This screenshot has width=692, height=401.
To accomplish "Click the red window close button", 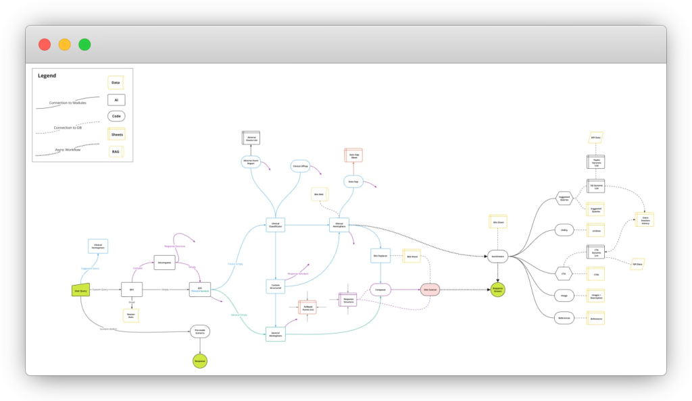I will pos(45,45).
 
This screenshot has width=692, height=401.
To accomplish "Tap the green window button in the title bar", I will pos(84,45).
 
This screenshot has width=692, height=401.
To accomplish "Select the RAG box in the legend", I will pos(116,151).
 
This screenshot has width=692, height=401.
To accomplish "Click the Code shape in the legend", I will pos(116,116).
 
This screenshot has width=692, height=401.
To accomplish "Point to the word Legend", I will pos(47,76).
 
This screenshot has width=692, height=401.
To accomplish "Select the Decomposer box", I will pos(164,262).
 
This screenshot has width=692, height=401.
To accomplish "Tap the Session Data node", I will pos(131,315).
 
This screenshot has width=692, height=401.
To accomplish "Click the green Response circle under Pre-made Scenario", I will pos(199,361).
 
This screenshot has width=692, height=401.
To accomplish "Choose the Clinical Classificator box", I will pos(275,225).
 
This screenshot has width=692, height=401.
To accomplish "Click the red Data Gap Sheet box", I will pos(353,155).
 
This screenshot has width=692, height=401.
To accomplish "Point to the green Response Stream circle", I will pos(497,289).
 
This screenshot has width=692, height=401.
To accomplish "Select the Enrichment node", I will pos(497,256).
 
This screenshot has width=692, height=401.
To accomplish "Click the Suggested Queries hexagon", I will pos(565,198).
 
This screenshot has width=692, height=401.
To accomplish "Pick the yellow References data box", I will pos(595,318).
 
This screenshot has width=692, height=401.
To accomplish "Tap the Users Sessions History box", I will pos(645,219).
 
